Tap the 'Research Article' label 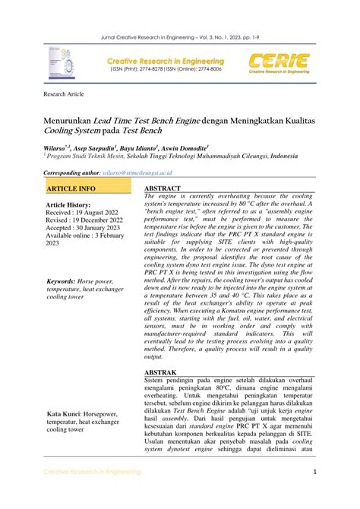pyautogui.click(x=66, y=96)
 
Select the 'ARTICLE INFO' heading pyautogui.click(x=71, y=188)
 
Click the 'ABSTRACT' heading pyautogui.click(x=163, y=187)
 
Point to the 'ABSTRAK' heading pyautogui.click(x=162, y=373)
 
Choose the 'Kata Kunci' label pyautogui.click(x=68, y=413)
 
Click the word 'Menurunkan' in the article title pyautogui.click(x=68, y=119)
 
